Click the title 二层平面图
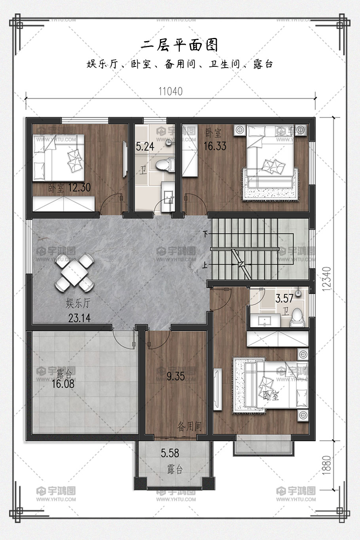(x=180, y=45)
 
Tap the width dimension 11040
(x=171, y=92)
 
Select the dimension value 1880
(x=326, y=465)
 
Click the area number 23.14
(x=80, y=318)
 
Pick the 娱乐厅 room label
(x=78, y=303)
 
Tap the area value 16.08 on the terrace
(x=63, y=384)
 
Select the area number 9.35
(x=176, y=376)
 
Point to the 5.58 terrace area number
(x=170, y=453)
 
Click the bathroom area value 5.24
(x=145, y=147)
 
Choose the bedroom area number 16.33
(x=215, y=146)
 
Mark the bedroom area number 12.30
(x=80, y=187)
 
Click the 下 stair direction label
(x=205, y=234)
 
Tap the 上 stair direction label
(x=205, y=265)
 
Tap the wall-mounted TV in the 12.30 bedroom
(x=125, y=159)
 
